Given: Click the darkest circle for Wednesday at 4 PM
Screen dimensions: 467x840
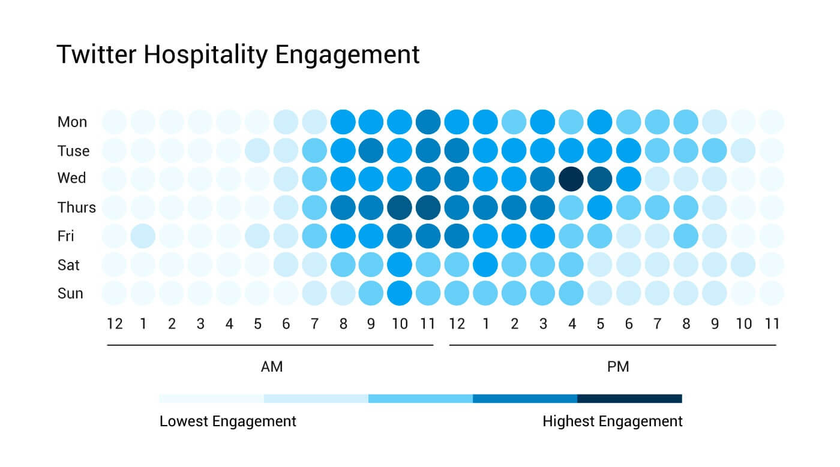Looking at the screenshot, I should pos(571,179).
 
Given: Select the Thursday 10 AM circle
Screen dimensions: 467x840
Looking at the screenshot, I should pos(399,207).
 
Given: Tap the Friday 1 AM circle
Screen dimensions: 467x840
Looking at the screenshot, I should pos(143,236).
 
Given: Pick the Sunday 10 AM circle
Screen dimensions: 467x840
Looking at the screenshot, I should pos(399,293).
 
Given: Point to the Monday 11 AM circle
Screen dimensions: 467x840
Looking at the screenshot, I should pos(428,122).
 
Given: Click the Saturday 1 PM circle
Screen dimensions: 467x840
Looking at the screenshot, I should pos(485,264).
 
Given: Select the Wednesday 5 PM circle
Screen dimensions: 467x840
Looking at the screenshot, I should pos(600,179).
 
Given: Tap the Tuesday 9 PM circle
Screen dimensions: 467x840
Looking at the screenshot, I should pos(714,150).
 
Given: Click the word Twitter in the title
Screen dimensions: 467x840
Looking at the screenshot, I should pos(97,55).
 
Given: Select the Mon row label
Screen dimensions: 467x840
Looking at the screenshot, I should pos(72,122).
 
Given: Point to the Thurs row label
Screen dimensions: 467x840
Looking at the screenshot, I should pos(76,207).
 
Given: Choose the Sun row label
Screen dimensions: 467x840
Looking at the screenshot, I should pos(70,293).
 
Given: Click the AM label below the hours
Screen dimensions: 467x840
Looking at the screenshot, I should pos(271,367).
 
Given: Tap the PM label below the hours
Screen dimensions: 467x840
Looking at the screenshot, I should pos(617,367).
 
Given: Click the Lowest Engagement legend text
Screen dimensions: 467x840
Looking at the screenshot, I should pos(227,421).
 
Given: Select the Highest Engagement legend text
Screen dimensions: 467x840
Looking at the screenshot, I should pos(612,421).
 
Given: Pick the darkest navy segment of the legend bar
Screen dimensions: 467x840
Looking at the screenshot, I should pos(629,399).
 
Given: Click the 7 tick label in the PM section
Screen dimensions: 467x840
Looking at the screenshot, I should pos(657,324).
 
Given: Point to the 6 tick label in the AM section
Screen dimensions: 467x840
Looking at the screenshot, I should pos(286,324).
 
